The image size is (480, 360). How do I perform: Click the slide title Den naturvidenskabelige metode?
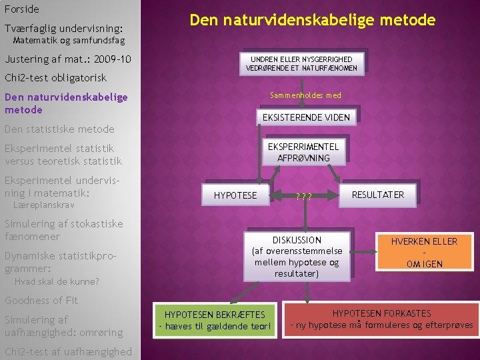(312, 20)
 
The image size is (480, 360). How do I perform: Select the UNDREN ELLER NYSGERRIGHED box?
(301, 63)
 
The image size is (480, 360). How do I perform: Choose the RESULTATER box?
(377, 195)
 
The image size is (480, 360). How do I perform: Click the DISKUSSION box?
(297, 257)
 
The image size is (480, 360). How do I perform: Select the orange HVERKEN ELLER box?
(424, 253)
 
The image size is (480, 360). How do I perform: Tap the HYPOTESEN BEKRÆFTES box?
(214, 320)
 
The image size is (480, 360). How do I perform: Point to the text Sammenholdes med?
(305, 95)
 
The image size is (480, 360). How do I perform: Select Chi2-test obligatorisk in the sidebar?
(55, 78)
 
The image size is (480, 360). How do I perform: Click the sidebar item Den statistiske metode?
(59, 129)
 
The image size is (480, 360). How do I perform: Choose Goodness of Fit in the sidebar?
(41, 300)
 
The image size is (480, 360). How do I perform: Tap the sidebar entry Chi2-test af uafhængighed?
(68, 351)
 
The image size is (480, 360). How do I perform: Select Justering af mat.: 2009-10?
(67, 59)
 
